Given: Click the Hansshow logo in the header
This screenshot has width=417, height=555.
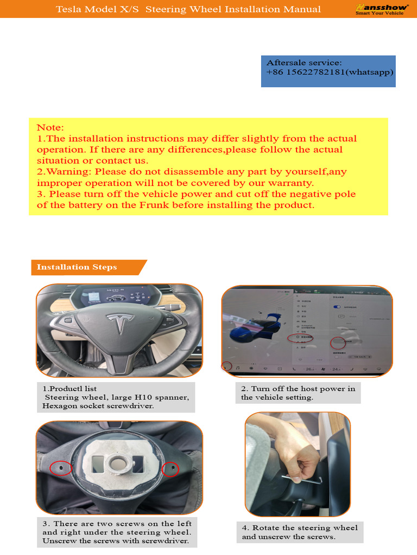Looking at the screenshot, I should (382, 9).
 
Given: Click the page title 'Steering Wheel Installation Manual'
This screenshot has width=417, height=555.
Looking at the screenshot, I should (233, 9).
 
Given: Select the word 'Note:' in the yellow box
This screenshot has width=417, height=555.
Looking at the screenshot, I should (50, 128).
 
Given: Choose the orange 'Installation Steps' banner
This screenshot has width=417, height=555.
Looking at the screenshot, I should (77, 267).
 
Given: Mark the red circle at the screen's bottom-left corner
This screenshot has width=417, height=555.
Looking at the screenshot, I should (227, 366).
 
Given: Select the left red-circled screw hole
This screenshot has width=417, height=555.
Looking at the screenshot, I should (60, 467).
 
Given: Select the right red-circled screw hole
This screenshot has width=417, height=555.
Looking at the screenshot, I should (170, 468).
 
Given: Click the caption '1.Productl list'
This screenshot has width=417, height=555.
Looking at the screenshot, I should (69, 389).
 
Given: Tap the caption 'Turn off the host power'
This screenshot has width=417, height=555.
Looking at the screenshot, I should (298, 389).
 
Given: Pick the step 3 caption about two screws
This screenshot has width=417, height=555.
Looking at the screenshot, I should (117, 532).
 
